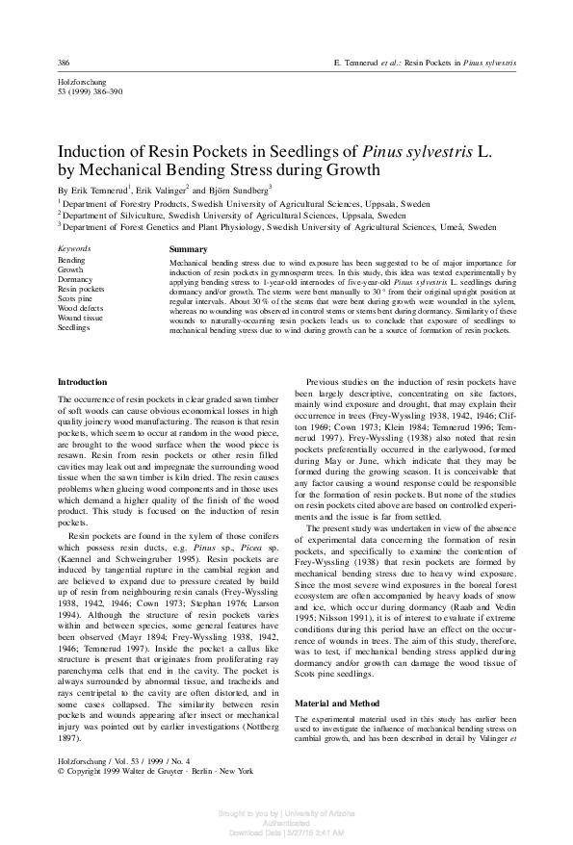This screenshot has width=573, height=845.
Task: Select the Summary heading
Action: [x=188, y=249]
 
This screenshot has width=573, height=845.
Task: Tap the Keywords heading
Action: [x=74, y=249]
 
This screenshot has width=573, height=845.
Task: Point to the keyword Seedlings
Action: [x=74, y=327]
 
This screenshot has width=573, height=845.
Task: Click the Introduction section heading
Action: [x=83, y=382]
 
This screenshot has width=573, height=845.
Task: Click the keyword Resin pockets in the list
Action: [x=81, y=289]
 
